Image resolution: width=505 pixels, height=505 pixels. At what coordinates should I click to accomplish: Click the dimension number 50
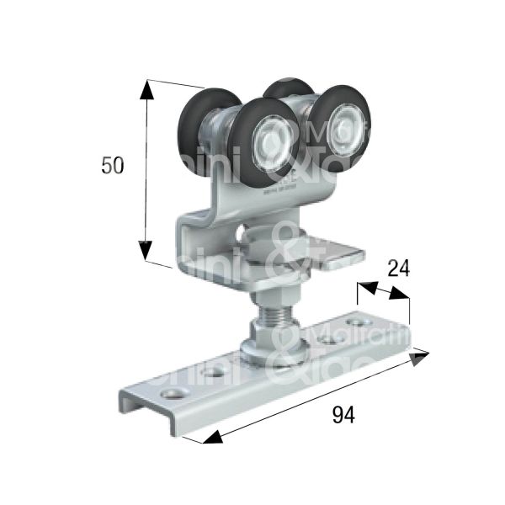click(x=112, y=166)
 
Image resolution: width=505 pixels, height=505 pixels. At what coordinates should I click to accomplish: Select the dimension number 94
click(x=343, y=414)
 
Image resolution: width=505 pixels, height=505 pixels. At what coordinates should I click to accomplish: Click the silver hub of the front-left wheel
click(x=269, y=137)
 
